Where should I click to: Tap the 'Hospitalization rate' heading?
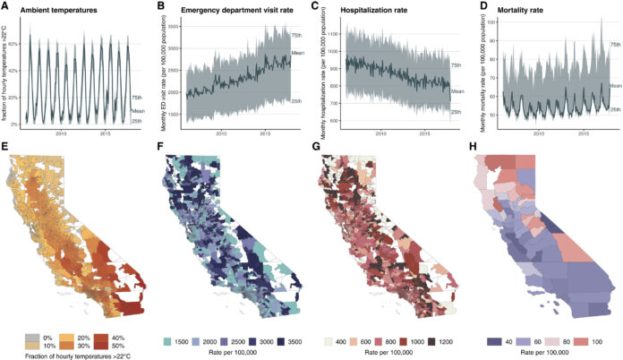(373, 9)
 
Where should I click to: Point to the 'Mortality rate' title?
(521, 9)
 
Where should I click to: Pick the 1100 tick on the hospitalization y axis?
(329, 34)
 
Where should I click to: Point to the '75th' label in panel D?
(615, 44)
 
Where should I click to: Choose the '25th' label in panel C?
(456, 112)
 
